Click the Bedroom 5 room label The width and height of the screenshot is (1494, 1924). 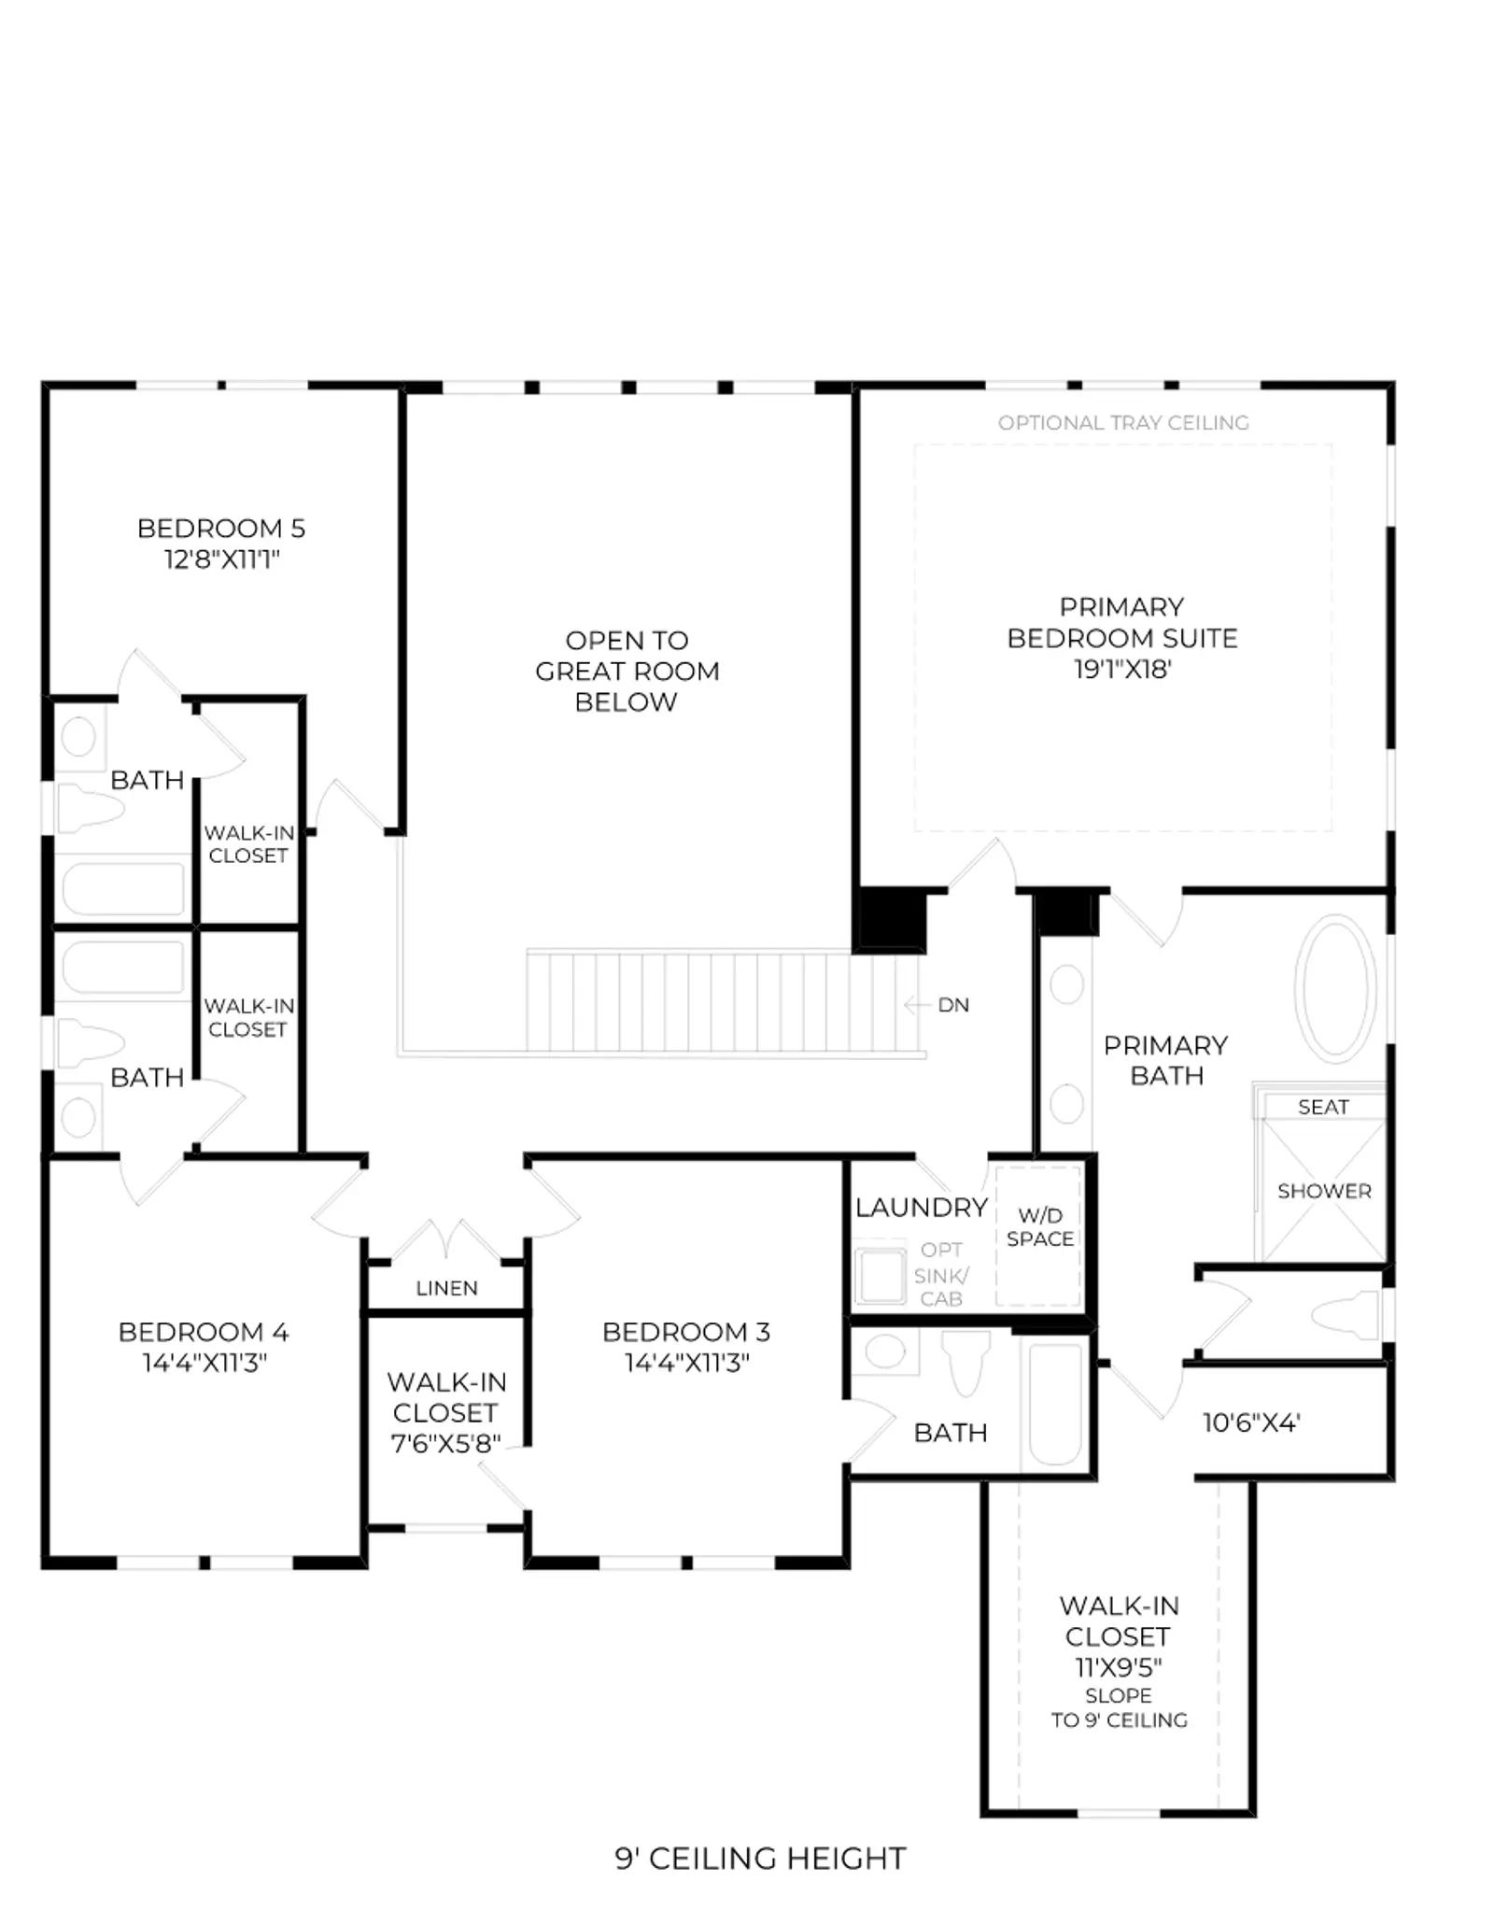coord(221,529)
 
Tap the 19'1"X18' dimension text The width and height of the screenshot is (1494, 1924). coord(1121,669)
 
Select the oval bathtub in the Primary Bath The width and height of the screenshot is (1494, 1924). coord(1335,988)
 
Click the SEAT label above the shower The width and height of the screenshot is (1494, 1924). coord(1323,1107)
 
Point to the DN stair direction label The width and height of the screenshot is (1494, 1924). coord(953,1005)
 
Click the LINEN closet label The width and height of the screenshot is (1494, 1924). coord(446,1288)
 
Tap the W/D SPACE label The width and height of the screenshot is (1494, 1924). coord(1040,1226)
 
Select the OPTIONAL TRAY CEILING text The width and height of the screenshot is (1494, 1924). coord(1123,423)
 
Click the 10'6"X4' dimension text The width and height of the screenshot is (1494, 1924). coord(1251,1422)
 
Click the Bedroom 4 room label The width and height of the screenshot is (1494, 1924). coord(204,1332)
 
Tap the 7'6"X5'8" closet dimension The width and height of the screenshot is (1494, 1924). coord(445,1443)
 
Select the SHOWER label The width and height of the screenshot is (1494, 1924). coord(1324,1191)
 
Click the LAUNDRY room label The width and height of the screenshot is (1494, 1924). coord(922,1208)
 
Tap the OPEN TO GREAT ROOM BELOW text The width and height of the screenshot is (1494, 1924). coord(627,672)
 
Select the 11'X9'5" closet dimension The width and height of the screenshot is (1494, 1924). coord(1119,1667)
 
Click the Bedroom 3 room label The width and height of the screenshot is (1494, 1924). coord(686,1332)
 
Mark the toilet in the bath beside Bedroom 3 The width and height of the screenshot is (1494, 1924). coord(966,1363)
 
